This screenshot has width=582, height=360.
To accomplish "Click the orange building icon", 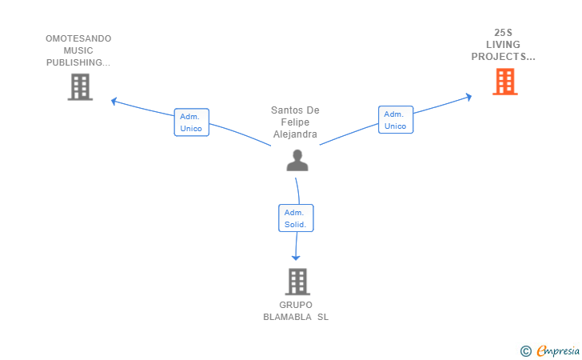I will pos(504,82).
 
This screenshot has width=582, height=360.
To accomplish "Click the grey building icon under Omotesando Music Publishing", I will pos(80,86).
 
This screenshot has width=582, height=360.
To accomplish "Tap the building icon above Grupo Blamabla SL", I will pos(297,281).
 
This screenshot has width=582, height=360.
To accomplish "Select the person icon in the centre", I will pos(297,161).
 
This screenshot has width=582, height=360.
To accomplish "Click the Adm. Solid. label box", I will pos(296,218).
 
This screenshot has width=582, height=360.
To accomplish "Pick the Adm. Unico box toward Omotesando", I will pos(191,122).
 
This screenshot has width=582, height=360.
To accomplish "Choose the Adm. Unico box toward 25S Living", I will pos(396,120).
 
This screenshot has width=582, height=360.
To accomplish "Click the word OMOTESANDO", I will pos(78,38).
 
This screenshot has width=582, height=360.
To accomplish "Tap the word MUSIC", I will pos(78,50).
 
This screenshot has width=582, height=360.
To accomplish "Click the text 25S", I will pos(504,33).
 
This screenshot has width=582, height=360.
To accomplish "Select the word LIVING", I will pos(504,45).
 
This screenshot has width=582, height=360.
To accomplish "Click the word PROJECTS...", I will pos(501,57).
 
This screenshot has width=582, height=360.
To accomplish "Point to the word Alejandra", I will pos(296,134).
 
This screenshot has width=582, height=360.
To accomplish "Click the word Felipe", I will pos(296,122).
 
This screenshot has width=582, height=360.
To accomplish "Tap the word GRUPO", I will pos(296,305).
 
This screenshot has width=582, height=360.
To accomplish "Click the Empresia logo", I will pos(558,350).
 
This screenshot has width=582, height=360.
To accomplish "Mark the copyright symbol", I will pos(526,350).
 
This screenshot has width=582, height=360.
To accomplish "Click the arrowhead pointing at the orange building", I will pos(468,97).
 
